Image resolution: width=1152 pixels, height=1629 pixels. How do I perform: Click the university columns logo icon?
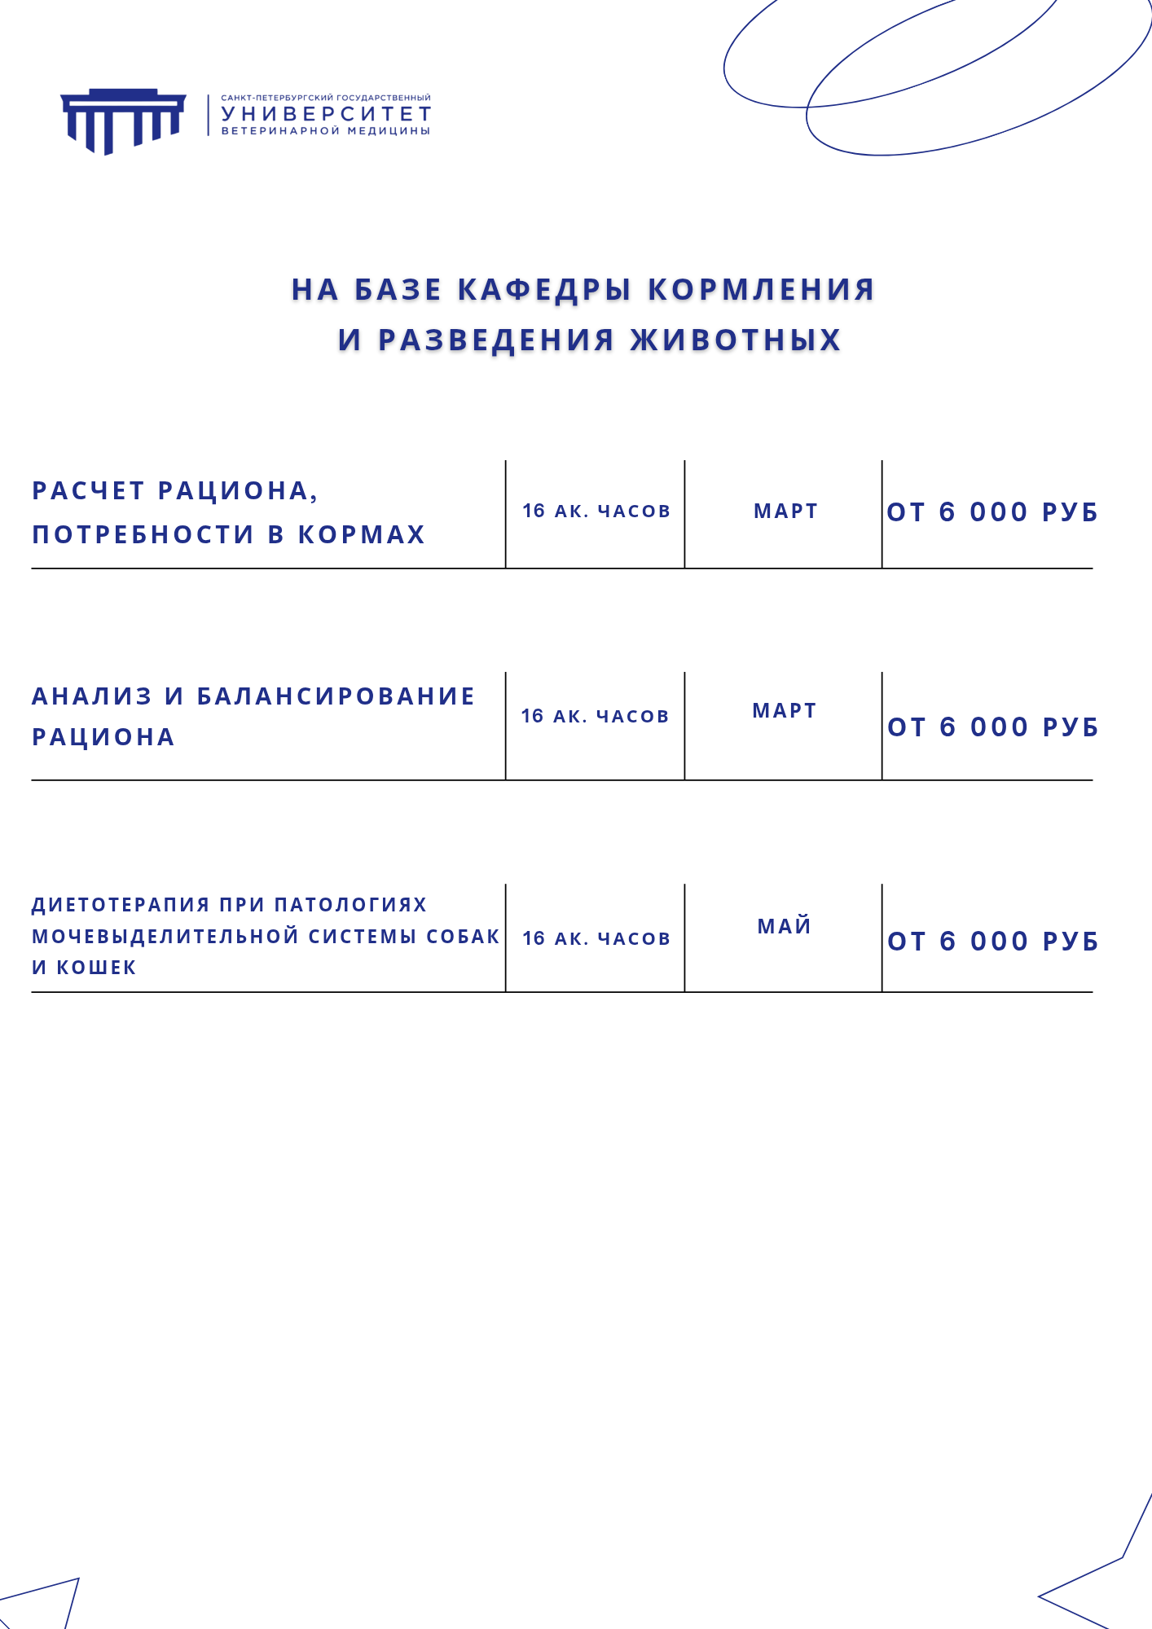123,120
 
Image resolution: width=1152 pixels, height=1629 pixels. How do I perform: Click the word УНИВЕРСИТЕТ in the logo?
326,114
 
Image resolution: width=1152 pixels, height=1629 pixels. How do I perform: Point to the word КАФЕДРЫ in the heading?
544,290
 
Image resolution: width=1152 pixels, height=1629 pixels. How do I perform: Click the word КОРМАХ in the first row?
362,534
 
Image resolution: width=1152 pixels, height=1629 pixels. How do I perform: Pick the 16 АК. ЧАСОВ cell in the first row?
596,512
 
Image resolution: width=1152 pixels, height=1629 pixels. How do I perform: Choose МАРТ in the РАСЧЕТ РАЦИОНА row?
785,512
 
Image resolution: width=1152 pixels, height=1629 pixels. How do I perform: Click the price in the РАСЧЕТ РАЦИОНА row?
992,512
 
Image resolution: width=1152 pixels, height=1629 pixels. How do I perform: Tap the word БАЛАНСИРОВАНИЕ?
336,696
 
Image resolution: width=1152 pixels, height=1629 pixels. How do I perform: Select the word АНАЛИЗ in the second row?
92,696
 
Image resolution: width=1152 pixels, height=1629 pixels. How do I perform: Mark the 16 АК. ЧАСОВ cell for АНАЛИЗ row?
596,717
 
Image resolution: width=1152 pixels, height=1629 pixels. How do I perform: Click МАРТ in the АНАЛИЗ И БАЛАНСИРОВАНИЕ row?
785,711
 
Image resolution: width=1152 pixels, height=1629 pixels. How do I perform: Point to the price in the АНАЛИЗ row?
993,727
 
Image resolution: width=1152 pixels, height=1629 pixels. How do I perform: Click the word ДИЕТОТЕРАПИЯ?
121,905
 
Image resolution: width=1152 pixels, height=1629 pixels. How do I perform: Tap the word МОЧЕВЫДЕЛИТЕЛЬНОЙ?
166,937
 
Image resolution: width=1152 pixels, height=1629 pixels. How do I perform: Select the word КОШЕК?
96,968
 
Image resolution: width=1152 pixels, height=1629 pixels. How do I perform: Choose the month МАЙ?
785,926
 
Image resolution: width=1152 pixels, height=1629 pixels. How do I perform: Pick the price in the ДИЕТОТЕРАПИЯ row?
993,942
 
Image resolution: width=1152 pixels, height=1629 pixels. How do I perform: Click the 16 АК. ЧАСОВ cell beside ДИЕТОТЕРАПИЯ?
596,939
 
